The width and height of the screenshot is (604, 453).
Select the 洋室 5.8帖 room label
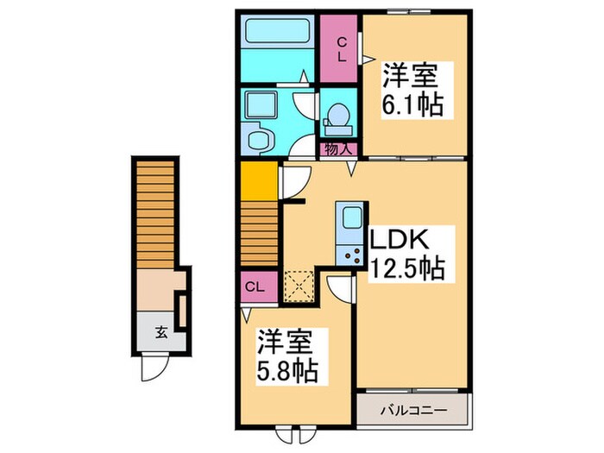tap(286, 357)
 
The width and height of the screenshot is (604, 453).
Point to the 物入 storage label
tap(337, 149)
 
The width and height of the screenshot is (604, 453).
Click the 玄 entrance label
tap(160, 330)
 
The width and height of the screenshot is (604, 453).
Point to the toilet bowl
tap(339, 116)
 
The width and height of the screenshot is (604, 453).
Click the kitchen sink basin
tap(349, 219)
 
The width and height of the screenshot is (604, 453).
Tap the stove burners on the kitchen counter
tap(351, 254)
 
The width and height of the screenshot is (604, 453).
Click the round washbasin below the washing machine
tap(257, 139)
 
